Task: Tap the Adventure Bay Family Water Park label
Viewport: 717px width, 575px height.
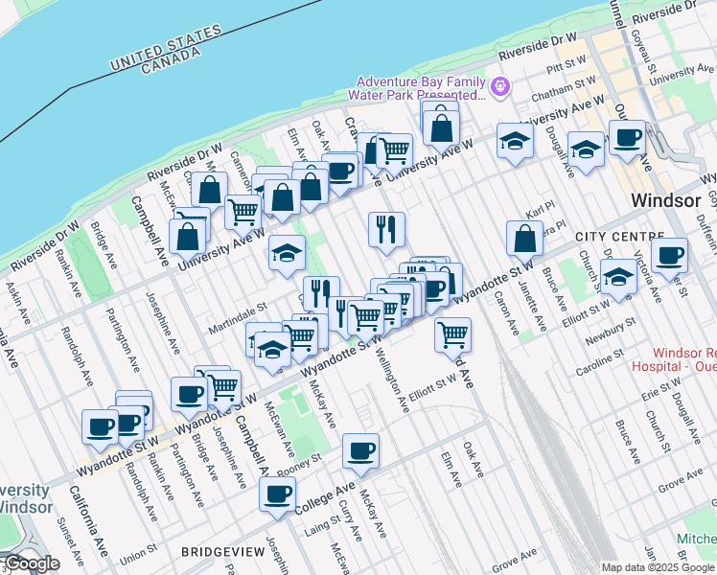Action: click(x=419, y=88)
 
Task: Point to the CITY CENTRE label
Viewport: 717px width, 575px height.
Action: click(x=619, y=236)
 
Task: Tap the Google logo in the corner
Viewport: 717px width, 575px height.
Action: click(x=31, y=563)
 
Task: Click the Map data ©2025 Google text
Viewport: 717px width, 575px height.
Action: click(x=659, y=567)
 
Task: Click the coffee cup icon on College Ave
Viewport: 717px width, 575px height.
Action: click(x=278, y=494)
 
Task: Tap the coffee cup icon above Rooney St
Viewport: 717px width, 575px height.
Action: click(x=360, y=450)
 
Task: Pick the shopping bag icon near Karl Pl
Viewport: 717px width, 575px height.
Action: click(x=524, y=239)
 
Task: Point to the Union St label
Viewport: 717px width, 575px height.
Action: click(x=139, y=553)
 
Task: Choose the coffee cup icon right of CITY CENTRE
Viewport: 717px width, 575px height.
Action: click(x=669, y=255)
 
